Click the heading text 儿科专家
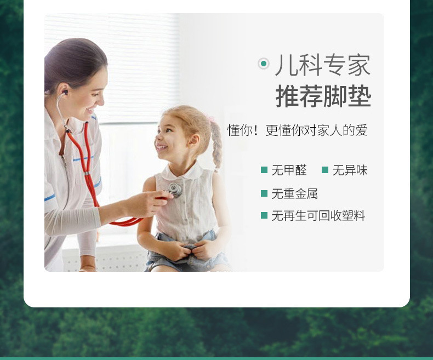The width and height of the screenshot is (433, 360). click(323, 65)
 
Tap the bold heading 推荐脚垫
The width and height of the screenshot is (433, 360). click(323, 96)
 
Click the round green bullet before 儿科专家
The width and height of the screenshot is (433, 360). click(264, 64)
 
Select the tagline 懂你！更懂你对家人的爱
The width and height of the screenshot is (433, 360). click(297, 130)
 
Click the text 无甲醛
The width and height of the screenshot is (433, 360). click(289, 170)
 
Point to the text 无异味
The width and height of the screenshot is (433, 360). click(350, 170)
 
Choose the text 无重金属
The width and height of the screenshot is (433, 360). click(295, 194)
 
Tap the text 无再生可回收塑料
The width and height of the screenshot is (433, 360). click(318, 216)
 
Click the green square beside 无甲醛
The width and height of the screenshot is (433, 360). click(264, 170)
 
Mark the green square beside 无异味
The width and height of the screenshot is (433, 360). click(325, 170)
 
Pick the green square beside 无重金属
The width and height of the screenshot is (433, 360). click(264, 194)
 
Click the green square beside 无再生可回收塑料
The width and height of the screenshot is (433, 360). click(264, 216)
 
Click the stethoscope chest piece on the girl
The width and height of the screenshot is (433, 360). click(175, 190)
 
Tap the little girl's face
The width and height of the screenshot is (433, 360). click(170, 136)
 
